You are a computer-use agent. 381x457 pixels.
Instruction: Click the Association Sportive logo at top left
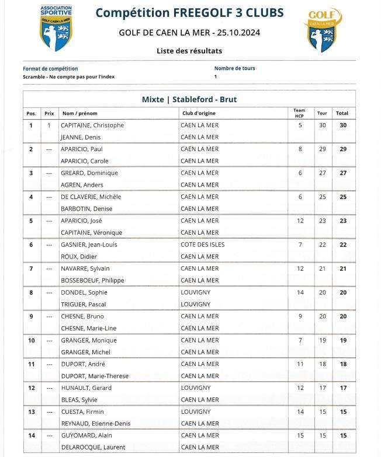point(56,27)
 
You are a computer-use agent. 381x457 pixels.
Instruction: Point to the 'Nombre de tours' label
point(234,68)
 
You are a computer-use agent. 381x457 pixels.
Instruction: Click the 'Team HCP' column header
point(299,113)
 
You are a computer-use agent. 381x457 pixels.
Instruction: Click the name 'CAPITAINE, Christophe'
point(92,125)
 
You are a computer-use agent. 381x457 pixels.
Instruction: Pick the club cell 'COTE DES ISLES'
point(202,245)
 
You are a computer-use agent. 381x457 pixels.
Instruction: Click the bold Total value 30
point(343,125)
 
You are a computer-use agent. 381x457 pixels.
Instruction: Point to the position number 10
point(32,340)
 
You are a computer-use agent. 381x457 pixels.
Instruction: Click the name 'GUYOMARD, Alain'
point(84,435)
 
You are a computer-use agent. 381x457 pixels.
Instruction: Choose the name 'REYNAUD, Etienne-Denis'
point(95,424)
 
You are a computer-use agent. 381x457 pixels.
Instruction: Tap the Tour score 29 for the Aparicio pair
point(322,149)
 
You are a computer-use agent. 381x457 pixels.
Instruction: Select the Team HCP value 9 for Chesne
point(300,316)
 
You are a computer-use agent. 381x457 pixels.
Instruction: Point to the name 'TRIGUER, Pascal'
point(84,305)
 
